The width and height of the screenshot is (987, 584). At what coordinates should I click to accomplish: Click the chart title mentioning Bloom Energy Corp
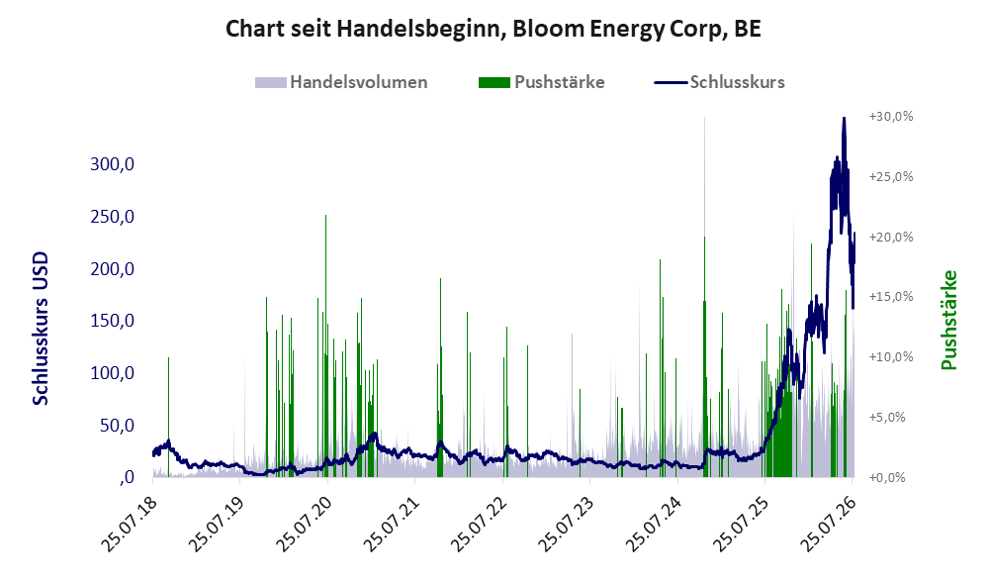click(x=493, y=29)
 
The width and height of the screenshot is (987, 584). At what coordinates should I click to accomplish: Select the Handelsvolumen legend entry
click(x=341, y=82)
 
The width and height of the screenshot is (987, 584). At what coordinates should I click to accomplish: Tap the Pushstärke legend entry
click(x=541, y=82)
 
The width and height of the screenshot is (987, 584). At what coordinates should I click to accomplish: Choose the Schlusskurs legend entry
click(x=719, y=82)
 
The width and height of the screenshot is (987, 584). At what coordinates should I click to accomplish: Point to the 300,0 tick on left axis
click(x=112, y=164)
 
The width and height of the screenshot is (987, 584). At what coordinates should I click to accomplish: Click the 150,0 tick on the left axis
click(x=112, y=321)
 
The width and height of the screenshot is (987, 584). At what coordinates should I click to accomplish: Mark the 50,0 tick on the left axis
click(x=117, y=426)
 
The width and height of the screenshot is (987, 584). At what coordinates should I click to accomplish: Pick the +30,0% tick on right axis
click(x=891, y=117)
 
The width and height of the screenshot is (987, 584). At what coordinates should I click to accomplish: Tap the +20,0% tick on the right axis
click(x=891, y=237)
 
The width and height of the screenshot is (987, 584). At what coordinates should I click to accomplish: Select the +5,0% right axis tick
click(x=887, y=417)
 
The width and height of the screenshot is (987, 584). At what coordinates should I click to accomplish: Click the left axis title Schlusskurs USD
click(x=41, y=329)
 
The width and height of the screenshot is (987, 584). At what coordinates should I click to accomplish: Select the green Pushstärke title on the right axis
click(x=949, y=320)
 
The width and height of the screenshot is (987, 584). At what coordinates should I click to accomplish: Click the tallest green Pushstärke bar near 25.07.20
click(x=325, y=345)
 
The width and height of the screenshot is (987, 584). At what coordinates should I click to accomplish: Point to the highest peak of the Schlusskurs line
click(x=844, y=118)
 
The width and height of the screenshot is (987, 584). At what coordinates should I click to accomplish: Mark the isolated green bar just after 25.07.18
click(x=168, y=417)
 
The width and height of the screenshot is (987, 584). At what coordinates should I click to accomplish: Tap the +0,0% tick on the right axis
click(x=887, y=477)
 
